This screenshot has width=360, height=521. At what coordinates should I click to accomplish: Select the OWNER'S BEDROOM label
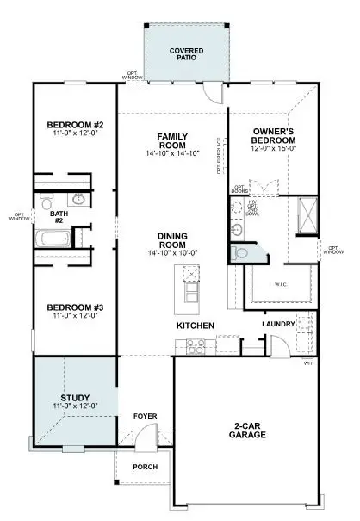pyautogui.click(x=275, y=136)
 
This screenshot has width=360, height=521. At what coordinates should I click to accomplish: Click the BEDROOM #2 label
pyautogui.click(x=73, y=126)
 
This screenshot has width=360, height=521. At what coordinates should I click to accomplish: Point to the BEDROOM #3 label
pyautogui.click(x=75, y=307)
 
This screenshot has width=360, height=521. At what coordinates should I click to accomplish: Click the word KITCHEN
pyautogui.click(x=196, y=326)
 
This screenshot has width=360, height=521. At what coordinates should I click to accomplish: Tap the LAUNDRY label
pyautogui.click(x=278, y=324)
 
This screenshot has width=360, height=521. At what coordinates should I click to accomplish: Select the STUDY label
pyautogui.click(x=74, y=397)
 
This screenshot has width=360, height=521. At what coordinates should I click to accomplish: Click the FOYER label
pyautogui.click(x=144, y=416)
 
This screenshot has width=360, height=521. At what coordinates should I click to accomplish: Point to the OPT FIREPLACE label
pyautogui.click(x=220, y=155)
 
